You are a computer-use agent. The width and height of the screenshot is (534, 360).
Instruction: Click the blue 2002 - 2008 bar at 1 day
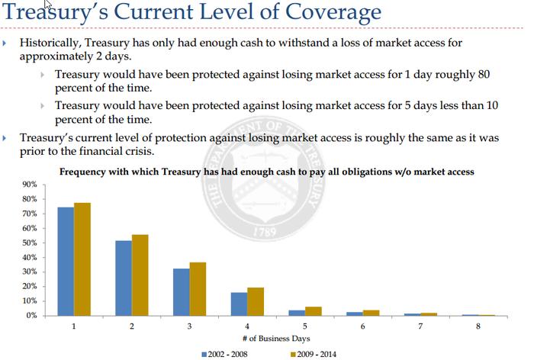tap(65, 262)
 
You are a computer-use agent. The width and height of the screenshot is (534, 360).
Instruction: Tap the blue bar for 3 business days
tap(181, 292)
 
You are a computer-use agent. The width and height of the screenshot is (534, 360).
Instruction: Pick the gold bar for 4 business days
tap(256, 302)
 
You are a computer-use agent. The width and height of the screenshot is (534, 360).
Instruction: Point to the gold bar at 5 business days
tap(314, 311)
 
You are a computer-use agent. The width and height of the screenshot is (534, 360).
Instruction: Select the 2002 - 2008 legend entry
tap(225, 354)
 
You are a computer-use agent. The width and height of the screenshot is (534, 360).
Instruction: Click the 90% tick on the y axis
tap(30, 185)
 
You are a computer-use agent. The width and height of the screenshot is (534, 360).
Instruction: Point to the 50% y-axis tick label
tap(30, 243)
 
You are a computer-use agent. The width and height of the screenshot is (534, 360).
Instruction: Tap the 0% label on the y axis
tap(31, 315)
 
